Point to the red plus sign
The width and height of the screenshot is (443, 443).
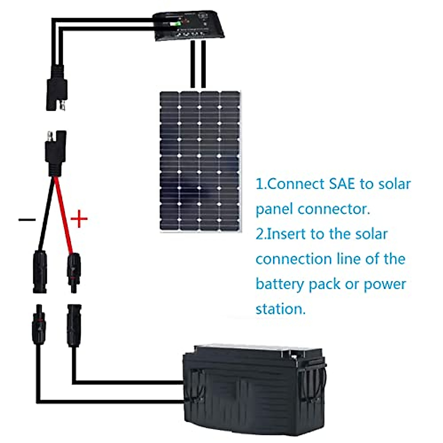[79, 220]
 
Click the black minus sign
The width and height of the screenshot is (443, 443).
[27, 220]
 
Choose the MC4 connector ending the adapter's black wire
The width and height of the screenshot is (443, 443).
[40, 271]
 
